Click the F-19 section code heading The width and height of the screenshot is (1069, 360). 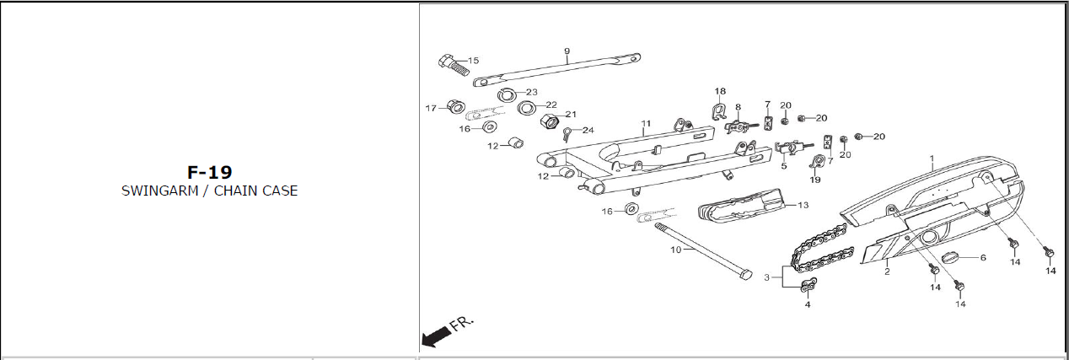tap(209, 172)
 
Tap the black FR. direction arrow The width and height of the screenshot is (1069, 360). tap(435, 337)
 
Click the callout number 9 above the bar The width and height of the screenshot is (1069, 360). tap(567, 51)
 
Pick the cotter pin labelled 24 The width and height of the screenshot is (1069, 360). tap(569, 133)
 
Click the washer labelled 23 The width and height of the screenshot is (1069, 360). tap(508, 94)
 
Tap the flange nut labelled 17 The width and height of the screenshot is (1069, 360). tap(454, 107)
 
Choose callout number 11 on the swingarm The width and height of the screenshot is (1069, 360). tap(646, 124)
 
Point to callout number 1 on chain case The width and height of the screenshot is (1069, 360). tap(932, 158)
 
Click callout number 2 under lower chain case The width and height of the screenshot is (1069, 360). tap(887, 272)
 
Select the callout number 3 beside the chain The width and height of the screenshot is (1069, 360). tap(766, 277)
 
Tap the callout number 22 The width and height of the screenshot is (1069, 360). tap(551, 105)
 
